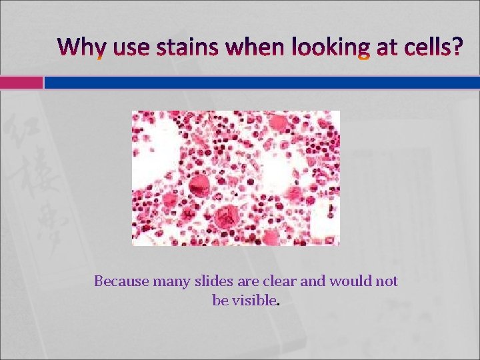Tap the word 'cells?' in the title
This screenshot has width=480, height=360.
[424, 48]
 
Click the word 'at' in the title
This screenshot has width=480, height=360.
[378, 48]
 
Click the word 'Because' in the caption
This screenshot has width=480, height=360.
[122, 281]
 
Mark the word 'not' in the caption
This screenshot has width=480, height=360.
[387, 281]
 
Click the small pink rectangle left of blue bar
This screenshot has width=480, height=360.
[21, 82]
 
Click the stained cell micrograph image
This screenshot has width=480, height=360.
[236, 178]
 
